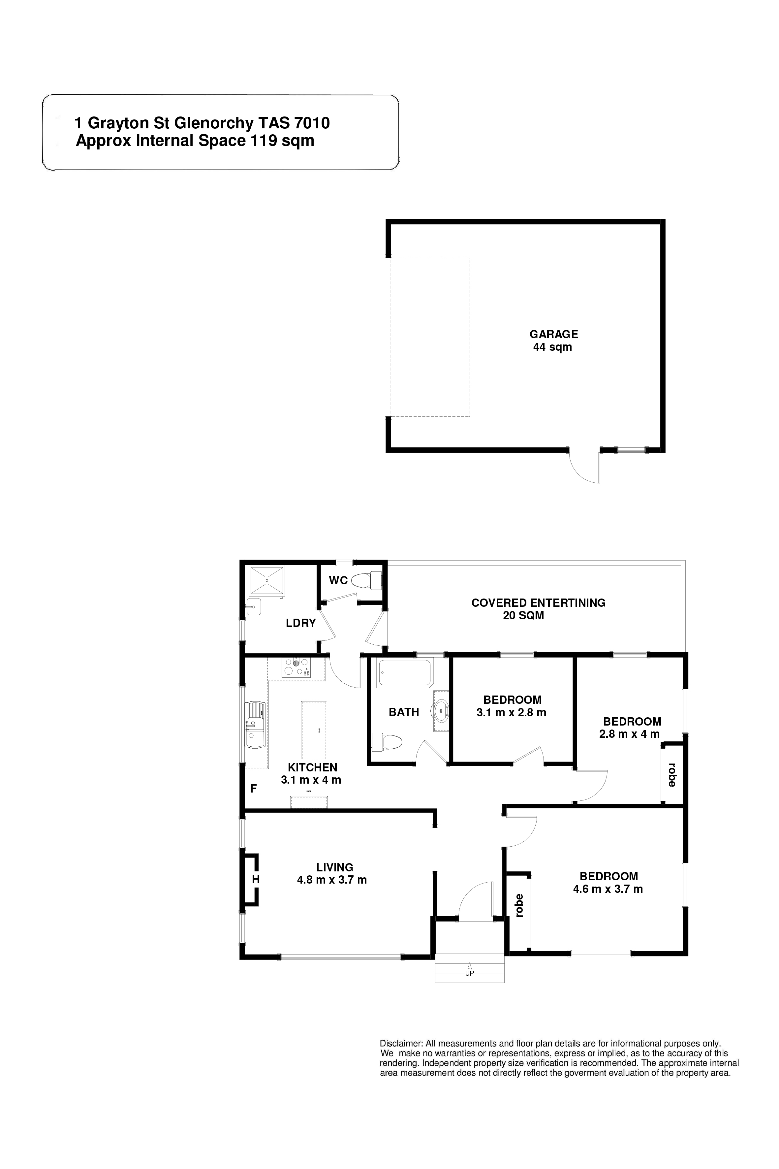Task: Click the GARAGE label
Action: tap(553, 335)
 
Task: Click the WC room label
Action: tap(338, 580)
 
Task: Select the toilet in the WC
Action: tap(367, 580)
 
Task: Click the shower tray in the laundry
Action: tap(267, 579)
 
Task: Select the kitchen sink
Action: tap(256, 725)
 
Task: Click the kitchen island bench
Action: tap(314, 730)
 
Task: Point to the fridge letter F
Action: tap(253, 788)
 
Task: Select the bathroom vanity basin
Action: tap(441, 711)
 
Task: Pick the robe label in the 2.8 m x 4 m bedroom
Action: tap(672, 775)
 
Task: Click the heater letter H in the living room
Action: tap(256, 880)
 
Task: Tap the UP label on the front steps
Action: tap(470, 973)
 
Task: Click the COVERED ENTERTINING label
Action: tap(539, 603)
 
